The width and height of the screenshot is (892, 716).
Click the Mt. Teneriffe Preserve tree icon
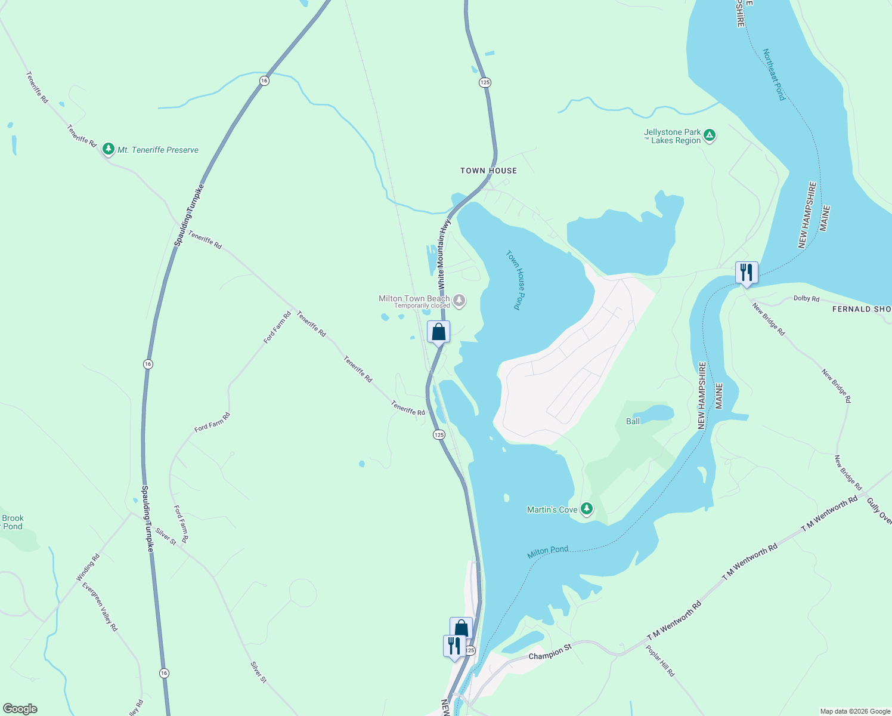coord(108,149)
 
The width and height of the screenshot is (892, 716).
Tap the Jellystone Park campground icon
coord(710,136)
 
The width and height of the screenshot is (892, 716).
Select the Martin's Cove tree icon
coord(587,509)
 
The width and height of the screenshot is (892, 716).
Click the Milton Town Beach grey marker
coord(459,300)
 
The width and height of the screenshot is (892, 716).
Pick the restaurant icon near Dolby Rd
coord(747,273)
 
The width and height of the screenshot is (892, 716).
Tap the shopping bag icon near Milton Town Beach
coord(438,332)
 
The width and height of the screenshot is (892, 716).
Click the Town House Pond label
coord(514,280)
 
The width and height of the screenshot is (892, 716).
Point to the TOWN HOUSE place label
coord(488,171)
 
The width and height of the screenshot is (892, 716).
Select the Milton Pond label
coord(547,552)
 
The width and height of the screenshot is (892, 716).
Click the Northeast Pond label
coord(774,75)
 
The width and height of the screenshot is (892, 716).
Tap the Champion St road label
coord(550,652)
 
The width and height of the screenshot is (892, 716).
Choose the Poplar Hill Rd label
coord(660,661)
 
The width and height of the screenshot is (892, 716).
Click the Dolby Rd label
coord(806,298)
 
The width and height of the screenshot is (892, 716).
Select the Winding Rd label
coord(88,567)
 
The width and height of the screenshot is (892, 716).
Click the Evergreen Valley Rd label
coord(100,607)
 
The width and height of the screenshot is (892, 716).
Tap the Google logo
coord(20,709)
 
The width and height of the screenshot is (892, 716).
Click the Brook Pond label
coord(13,522)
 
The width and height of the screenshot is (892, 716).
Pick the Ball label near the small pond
coord(633,421)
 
